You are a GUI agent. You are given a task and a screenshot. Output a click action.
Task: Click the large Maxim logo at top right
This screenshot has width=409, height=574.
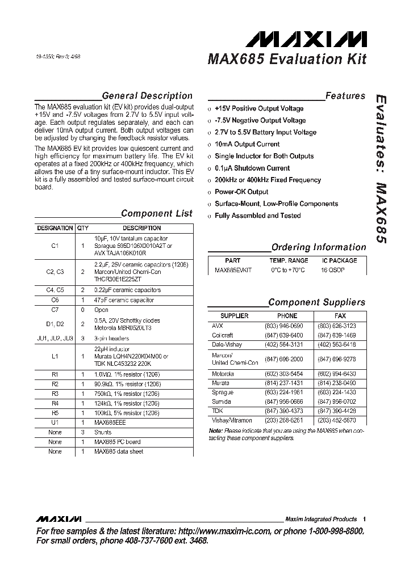point(306,39)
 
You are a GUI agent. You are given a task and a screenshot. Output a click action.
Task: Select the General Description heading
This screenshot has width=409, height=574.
point(147,96)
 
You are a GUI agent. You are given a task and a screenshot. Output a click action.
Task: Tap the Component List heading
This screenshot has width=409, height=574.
point(157,213)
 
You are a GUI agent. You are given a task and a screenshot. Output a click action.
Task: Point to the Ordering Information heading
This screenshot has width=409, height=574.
point(319,247)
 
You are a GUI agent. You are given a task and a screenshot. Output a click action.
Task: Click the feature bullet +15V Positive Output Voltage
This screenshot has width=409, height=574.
point(259,108)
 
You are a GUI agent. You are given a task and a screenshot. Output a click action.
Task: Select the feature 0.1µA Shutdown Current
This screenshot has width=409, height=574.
point(252,168)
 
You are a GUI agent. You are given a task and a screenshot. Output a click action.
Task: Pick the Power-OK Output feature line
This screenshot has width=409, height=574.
point(241,192)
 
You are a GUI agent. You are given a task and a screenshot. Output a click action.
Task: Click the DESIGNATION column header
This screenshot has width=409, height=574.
point(55,228)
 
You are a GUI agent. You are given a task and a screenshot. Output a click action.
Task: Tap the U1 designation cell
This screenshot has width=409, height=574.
point(55,423)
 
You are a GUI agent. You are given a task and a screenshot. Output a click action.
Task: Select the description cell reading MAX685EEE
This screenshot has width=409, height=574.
point(111,423)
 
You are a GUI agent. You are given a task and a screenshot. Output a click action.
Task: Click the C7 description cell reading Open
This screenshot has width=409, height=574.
point(101,310)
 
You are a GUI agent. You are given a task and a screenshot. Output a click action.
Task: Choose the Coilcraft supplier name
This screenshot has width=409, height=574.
point(223,335)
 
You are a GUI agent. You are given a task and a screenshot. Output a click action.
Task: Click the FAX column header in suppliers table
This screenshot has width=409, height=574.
point(340,315)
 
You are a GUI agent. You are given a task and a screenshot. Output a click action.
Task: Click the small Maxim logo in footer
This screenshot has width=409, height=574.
point(59,519)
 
